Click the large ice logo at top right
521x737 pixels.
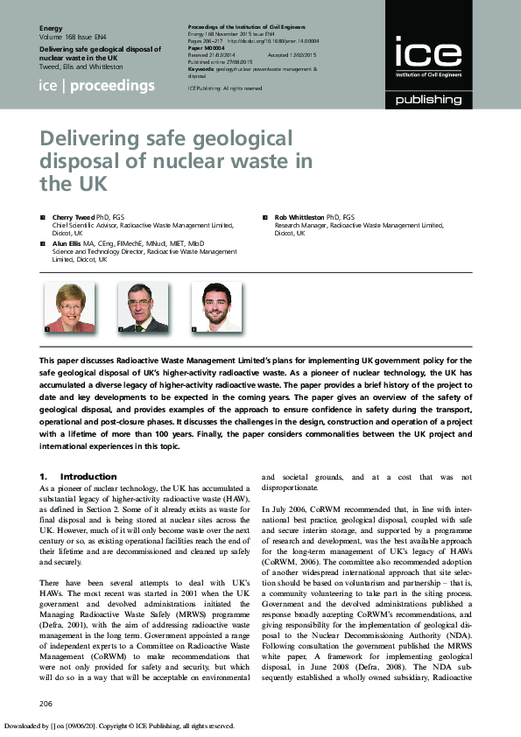[428, 54]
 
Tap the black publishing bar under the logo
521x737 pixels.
[428, 100]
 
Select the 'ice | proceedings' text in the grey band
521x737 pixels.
[97, 86]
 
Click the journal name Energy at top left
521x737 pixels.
[52, 29]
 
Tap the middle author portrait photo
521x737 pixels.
[143, 307]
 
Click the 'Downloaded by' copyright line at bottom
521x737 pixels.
[119, 726]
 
